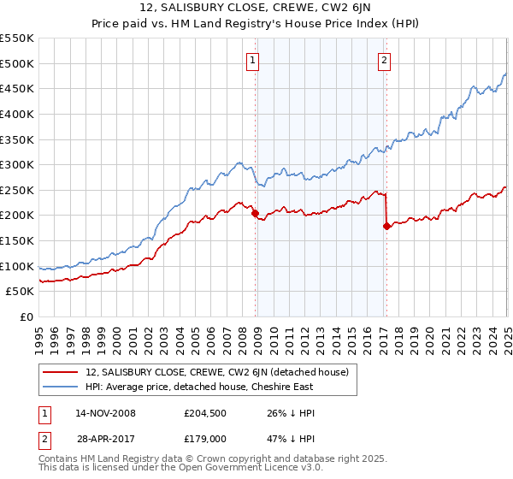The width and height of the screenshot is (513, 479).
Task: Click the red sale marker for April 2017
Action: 386,226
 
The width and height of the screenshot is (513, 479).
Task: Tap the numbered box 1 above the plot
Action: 255,60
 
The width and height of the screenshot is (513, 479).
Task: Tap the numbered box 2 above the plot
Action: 385,60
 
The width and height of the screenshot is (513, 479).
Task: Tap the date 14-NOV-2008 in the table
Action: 105,412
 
